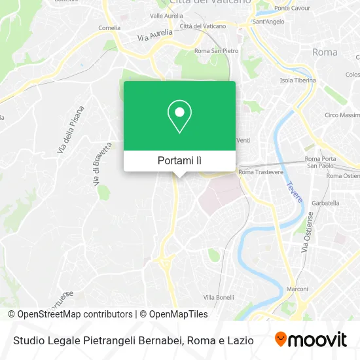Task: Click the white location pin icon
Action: tap(179, 117)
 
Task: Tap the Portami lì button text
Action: tap(179, 160)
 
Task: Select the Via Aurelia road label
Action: tap(155, 35)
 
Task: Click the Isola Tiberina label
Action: tap(298, 81)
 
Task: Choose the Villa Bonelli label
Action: tap(219, 297)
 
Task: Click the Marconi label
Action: tap(298, 289)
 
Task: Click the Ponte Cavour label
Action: tap(291, 9)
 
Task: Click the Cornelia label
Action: tap(109, 28)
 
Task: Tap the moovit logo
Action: tap(310, 339)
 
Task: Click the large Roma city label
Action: tap(325, 52)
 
